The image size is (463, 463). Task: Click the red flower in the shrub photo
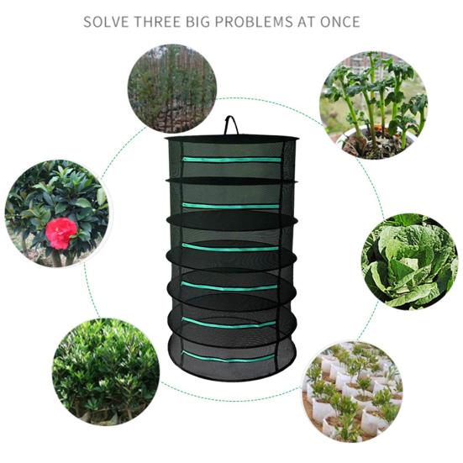tap(61, 233)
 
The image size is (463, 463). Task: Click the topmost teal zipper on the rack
tap(232, 160)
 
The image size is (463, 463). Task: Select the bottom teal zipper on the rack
tap(228, 356)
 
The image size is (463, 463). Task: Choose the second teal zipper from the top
tap(230, 206)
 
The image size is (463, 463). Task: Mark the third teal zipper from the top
tap(229, 248)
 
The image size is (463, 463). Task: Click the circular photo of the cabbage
tap(410, 261)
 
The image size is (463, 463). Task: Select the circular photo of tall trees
tap(172, 88)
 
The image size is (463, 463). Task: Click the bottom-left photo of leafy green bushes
tap(106, 371)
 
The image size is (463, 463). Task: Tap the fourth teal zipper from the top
tap(229, 287)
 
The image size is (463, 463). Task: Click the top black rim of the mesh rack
tap(232, 138)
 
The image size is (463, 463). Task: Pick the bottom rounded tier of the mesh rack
tap(231, 358)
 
